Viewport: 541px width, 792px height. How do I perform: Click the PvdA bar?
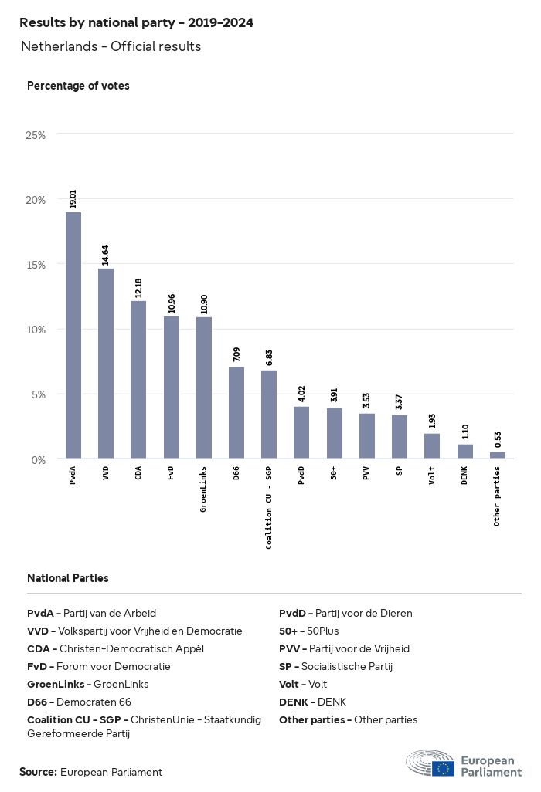click(x=73, y=335)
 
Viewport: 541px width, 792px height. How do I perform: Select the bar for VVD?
click(x=106, y=364)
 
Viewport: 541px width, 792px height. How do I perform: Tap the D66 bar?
click(x=236, y=413)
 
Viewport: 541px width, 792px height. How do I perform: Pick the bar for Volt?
click(x=432, y=446)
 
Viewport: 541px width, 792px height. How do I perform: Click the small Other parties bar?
click(x=498, y=455)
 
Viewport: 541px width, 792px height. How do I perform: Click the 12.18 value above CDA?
click(x=138, y=288)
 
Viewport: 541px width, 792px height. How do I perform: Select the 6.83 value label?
click(x=269, y=358)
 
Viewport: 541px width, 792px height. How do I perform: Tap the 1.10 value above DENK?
click(x=464, y=433)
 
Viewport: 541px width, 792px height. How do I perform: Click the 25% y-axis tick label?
click(x=36, y=135)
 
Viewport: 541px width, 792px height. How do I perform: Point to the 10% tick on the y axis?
click(x=36, y=330)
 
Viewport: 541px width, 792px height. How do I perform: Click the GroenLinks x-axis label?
click(x=203, y=489)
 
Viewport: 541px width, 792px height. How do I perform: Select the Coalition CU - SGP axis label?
click(x=269, y=507)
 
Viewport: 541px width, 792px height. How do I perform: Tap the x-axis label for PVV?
click(x=366, y=472)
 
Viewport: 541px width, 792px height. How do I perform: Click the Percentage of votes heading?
click(x=78, y=86)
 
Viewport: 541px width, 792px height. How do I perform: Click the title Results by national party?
click(x=136, y=23)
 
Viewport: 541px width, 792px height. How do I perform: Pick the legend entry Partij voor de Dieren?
click(x=345, y=613)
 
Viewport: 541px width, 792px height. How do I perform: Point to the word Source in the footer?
click(x=38, y=772)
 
